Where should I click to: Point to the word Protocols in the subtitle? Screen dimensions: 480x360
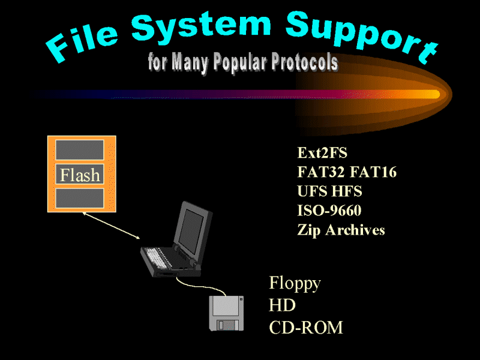[305, 62]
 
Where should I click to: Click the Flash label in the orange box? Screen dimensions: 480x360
[80, 175]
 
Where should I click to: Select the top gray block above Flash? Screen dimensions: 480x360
[80, 149]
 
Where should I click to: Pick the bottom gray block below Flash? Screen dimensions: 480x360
[80, 198]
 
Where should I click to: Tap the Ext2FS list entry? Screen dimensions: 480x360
[322, 152]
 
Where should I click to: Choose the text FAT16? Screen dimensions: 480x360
[373, 172]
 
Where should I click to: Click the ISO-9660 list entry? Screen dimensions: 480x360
[329, 211]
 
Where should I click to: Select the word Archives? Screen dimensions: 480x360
[355, 230]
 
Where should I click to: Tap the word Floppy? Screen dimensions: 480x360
[295, 283]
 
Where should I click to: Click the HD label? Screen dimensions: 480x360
[282, 305]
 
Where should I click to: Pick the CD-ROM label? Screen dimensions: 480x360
[306, 327]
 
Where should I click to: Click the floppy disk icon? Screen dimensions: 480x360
[226, 313]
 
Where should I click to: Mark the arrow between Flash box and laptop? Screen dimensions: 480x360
[111, 226]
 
